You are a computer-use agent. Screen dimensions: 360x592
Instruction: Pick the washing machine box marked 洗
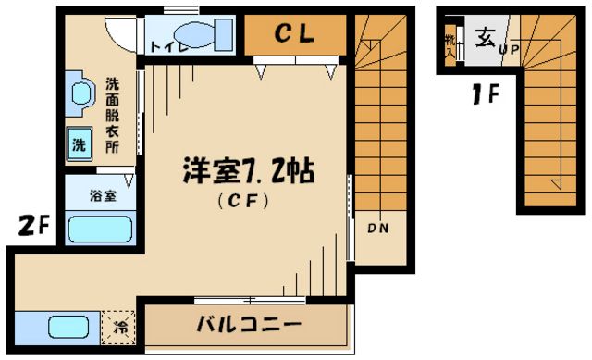79,145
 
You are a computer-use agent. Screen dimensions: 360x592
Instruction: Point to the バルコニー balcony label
249,325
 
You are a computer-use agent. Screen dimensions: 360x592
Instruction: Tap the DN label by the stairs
378,228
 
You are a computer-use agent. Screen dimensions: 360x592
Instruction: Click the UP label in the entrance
510,50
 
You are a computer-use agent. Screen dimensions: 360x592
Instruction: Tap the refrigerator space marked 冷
119,326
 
